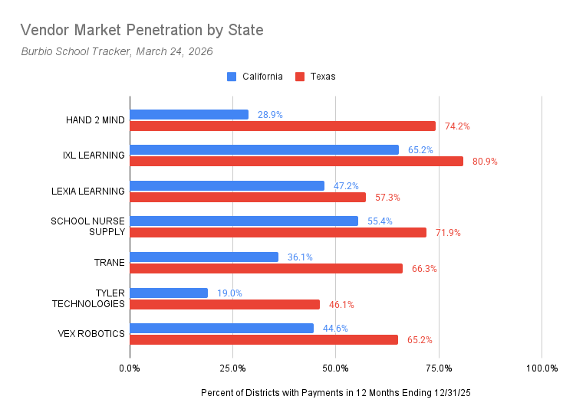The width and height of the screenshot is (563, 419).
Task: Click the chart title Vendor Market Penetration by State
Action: tap(142, 31)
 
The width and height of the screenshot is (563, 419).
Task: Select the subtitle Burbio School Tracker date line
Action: tap(117, 51)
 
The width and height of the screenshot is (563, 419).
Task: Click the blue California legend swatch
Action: tap(232, 77)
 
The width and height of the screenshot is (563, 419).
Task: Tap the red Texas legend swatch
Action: tap(301, 77)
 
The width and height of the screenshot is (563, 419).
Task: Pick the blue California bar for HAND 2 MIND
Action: tap(189, 114)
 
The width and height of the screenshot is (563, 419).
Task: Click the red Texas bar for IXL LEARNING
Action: tap(296, 161)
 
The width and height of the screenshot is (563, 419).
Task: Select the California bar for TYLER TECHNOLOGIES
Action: tap(169, 293)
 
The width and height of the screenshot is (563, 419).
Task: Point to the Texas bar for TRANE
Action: tap(266, 268)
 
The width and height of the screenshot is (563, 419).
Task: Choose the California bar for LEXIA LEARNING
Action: tap(227, 185)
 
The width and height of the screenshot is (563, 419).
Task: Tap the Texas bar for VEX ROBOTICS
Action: tap(264, 339)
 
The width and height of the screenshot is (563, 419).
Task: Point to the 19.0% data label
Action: tap(229, 293)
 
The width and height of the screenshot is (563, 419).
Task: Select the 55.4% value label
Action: tap(380, 221)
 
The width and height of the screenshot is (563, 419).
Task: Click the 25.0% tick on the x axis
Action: tap(233, 368)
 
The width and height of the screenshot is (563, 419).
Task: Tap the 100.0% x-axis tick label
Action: tap(542, 368)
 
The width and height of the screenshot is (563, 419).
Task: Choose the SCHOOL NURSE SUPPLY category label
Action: tap(87, 227)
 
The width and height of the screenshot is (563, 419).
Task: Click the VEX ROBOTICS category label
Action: tap(91, 334)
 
